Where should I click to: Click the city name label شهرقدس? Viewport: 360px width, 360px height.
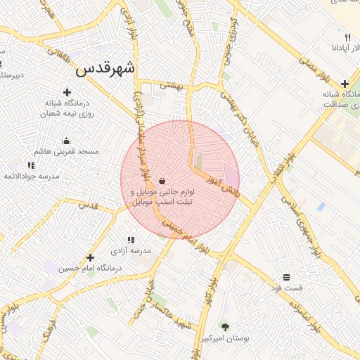point(105,70)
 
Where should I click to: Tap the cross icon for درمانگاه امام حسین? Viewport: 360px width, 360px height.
point(90,257)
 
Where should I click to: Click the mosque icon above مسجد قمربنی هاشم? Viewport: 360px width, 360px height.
point(67,141)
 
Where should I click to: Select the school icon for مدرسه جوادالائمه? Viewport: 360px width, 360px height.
point(31,166)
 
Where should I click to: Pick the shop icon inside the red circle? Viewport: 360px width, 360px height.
point(162,180)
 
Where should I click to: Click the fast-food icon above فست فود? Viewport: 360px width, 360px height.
point(287,277)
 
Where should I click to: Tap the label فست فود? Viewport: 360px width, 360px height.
point(287,288)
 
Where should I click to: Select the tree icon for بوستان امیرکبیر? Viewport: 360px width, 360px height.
point(225,327)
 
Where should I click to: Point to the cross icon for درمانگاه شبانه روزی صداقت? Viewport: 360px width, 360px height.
point(345,84)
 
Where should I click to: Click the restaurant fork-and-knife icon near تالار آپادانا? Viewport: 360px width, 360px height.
point(347,37)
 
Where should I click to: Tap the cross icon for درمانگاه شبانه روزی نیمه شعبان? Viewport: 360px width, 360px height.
point(67,92)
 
